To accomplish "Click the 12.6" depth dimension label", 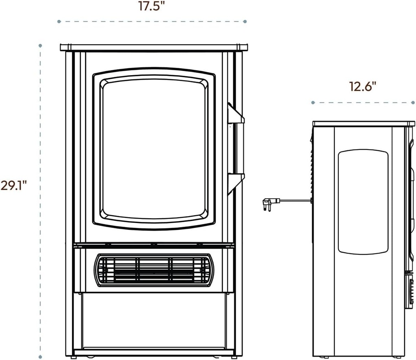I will (x=362, y=86).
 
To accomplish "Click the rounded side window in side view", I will (x=363, y=202).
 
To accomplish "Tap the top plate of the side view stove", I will (x=364, y=124).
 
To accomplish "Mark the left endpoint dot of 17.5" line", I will (x=59, y=21).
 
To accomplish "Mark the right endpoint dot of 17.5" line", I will (x=245, y=21).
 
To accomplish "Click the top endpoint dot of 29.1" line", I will (x=40, y=45).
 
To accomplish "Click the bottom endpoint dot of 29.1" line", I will (x=40, y=353).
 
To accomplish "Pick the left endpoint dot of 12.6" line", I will (x=313, y=102).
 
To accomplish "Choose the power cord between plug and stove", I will (x=295, y=200).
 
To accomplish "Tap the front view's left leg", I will (x=69, y=203).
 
